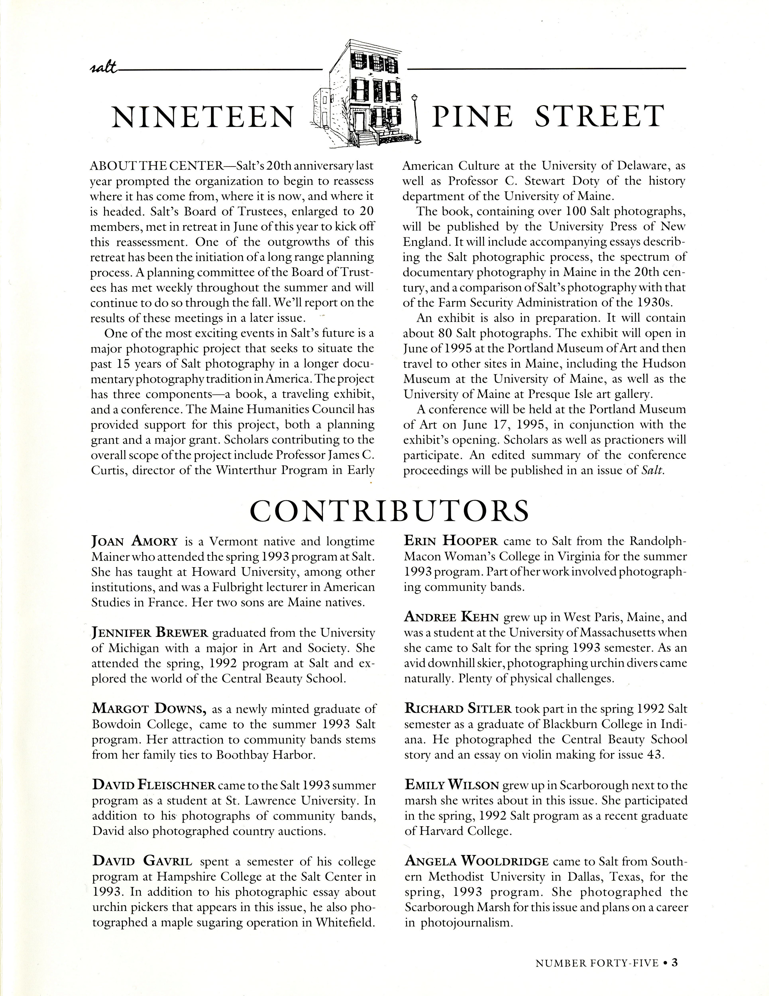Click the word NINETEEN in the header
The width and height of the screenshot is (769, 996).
point(202,117)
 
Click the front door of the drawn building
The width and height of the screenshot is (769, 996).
point(359,122)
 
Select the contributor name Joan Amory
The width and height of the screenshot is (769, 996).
point(135,542)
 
